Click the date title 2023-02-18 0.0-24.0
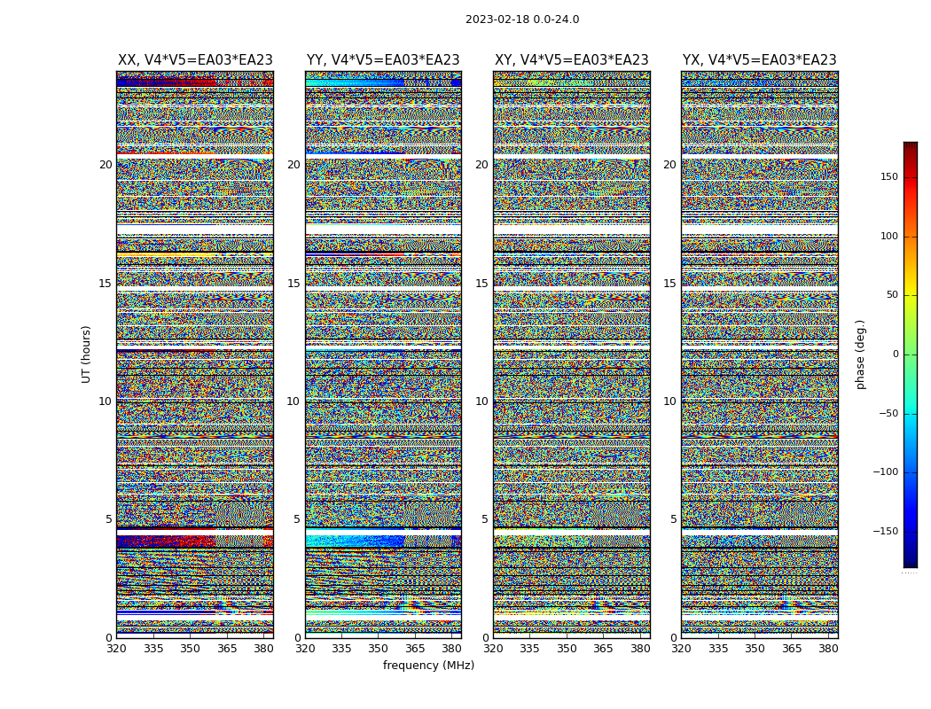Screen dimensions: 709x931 pyautogui.click(x=522, y=19)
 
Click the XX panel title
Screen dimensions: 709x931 pyautogui.click(x=195, y=60)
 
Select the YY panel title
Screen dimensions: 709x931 pyautogui.click(x=383, y=60)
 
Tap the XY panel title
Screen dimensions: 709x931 pyautogui.click(x=572, y=60)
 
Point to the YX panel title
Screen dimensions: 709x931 pyautogui.click(x=760, y=60)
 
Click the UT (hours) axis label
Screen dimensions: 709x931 pyautogui.click(x=87, y=354)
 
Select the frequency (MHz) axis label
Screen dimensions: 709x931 pyautogui.click(x=428, y=666)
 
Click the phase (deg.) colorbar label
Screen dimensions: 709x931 pyautogui.click(x=860, y=354)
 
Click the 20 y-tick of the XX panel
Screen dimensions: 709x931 pyautogui.click(x=106, y=165)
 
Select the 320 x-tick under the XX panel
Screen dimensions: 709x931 pyautogui.click(x=116, y=649)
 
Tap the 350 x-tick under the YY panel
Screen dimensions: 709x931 pyautogui.click(x=378, y=649)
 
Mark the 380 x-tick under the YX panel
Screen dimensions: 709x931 pyautogui.click(x=828, y=649)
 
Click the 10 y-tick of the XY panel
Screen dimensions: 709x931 pyautogui.click(x=481, y=401)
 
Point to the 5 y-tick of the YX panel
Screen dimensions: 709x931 pyautogui.click(x=673, y=519)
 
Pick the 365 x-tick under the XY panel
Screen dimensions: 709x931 pyautogui.click(x=603, y=649)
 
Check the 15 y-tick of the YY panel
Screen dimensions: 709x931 pyautogui.click(x=293, y=284)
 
